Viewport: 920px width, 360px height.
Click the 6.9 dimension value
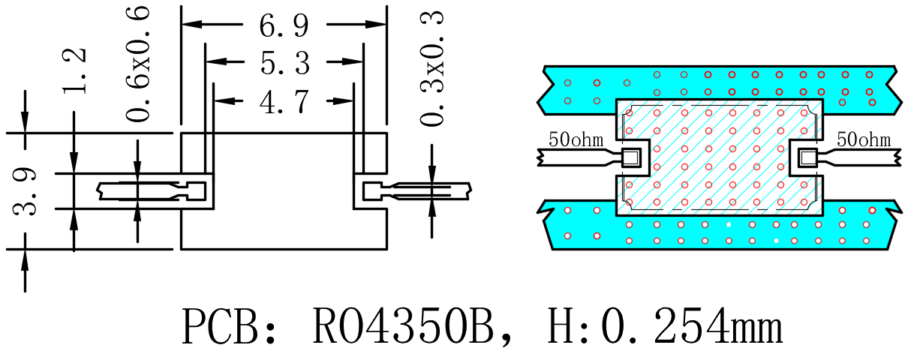[284, 25]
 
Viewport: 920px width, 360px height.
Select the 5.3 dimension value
[284, 63]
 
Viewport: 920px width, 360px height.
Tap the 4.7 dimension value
[284, 101]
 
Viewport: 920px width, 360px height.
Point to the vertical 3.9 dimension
[25, 191]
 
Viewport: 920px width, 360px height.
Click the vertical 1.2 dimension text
[74, 71]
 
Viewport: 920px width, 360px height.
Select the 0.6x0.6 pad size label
[137, 64]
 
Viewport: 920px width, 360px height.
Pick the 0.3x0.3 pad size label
[431, 68]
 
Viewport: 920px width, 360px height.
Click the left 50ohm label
[576, 139]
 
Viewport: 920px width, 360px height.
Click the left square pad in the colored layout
[631, 157]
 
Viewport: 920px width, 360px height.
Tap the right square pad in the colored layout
[807, 157]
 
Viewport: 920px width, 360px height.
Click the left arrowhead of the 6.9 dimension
[192, 24]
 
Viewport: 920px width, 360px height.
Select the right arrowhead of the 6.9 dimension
[376, 24]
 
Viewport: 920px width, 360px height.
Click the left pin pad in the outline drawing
[196, 191]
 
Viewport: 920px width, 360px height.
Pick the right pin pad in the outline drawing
[371, 191]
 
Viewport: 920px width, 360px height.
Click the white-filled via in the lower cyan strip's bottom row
[776, 241]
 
